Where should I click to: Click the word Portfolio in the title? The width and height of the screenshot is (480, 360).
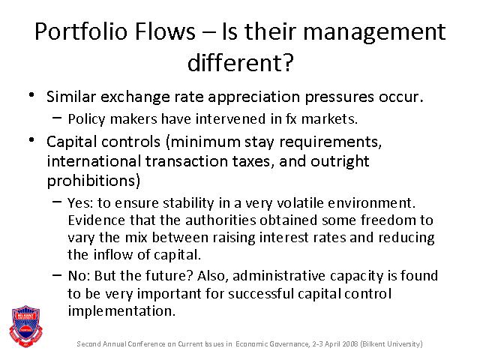[x=81, y=31]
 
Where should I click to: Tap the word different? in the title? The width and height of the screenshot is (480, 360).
[x=240, y=62]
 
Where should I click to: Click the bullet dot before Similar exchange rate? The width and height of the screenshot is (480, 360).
[x=31, y=95]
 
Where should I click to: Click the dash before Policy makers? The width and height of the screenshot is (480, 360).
[x=57, y=117]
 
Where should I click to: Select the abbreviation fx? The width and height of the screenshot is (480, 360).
[x=291, y=118]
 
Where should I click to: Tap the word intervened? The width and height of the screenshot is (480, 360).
[x=230, y=118]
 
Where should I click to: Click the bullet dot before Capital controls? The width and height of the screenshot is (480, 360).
[x=31, y=140]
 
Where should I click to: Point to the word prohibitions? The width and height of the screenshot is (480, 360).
[x=91, y=181]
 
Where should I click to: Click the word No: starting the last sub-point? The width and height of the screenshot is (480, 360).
[x=79, y=276]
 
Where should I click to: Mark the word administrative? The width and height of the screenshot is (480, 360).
[x=279, y=276]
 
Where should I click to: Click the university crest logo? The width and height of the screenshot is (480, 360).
[x=26, y=326]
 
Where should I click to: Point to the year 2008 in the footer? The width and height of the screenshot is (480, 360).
[x=350, y=343]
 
